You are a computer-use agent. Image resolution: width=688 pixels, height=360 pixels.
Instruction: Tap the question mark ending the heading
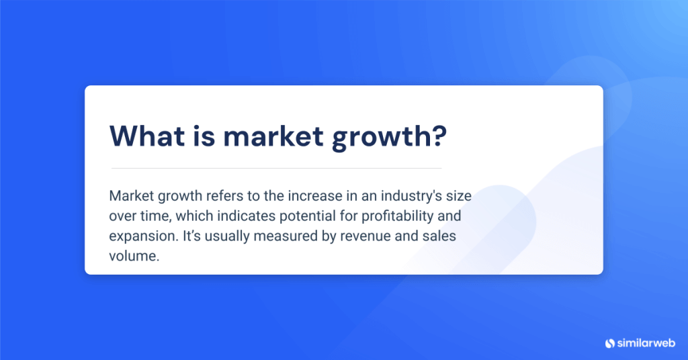click(x=438, y=136)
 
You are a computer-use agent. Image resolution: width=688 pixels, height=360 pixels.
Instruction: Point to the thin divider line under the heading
click(x=276, y=168)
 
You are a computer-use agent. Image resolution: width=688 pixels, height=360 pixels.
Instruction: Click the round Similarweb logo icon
click(x=610, y=343)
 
